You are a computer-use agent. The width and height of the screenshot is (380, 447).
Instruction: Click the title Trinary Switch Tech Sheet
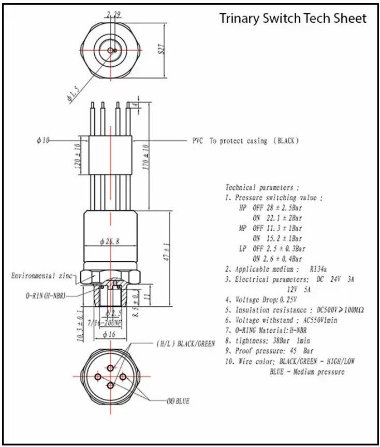293,19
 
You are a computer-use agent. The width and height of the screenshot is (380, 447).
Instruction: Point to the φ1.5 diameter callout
74,95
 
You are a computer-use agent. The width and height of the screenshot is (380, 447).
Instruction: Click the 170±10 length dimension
146,157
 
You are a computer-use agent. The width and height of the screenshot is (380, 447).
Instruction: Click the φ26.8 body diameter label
109,242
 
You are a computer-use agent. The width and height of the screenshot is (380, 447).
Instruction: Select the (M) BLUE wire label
178,401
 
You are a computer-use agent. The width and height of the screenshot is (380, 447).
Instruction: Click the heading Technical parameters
262,187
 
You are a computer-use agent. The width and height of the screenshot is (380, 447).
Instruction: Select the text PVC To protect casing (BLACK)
246,141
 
